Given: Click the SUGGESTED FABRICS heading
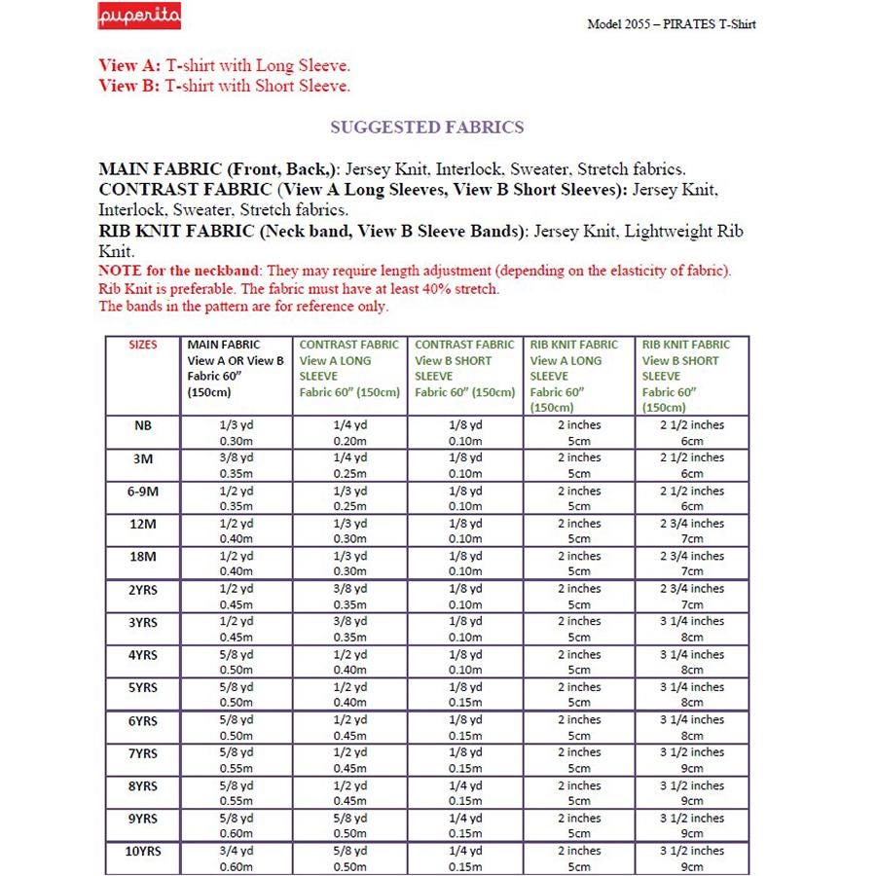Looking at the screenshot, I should point(426,128).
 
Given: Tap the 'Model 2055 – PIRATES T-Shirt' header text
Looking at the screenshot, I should point(672,23).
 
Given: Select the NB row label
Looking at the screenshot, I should point(142,425).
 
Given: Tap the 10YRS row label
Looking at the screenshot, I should point(142,851).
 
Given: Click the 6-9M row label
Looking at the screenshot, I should point(142,491).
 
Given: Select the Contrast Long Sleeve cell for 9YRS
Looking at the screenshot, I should point(348,825).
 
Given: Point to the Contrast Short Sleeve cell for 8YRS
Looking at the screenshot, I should point(464,793).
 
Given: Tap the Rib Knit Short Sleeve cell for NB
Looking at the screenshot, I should point(692,433).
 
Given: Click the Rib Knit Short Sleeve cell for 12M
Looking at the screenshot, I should point(692,531).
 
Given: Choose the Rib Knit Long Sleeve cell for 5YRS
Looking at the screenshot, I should point(579,695).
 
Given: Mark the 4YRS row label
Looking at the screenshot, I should point(142,654).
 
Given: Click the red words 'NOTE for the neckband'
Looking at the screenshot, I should point(179,271).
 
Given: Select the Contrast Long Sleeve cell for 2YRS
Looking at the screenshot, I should point(348,597).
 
